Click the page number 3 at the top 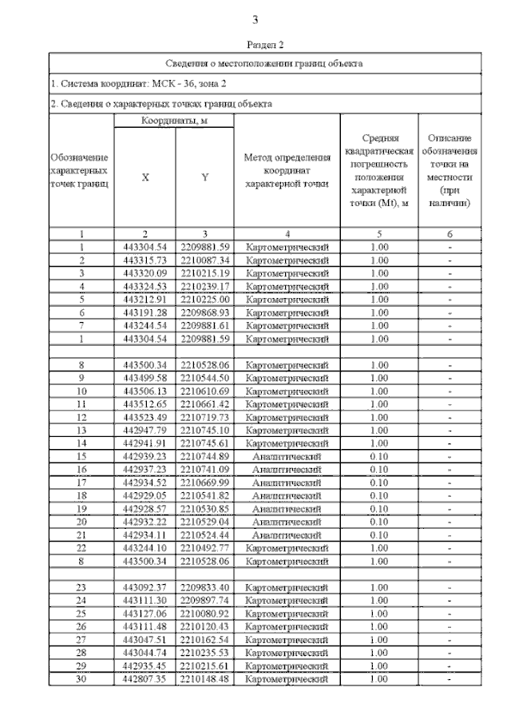(255, 20)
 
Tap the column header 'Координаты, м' (175, 120)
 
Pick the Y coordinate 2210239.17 (205, 286)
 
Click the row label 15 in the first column (81, 456)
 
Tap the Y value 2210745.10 (205, 430)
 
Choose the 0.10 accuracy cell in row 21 (380, 534)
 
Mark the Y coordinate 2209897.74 (205, 600)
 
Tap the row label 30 (81, 678)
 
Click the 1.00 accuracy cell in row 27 (380, 639)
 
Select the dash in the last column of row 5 (450, 299)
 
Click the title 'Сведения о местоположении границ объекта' (264, 62)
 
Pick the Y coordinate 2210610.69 (205, 391)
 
